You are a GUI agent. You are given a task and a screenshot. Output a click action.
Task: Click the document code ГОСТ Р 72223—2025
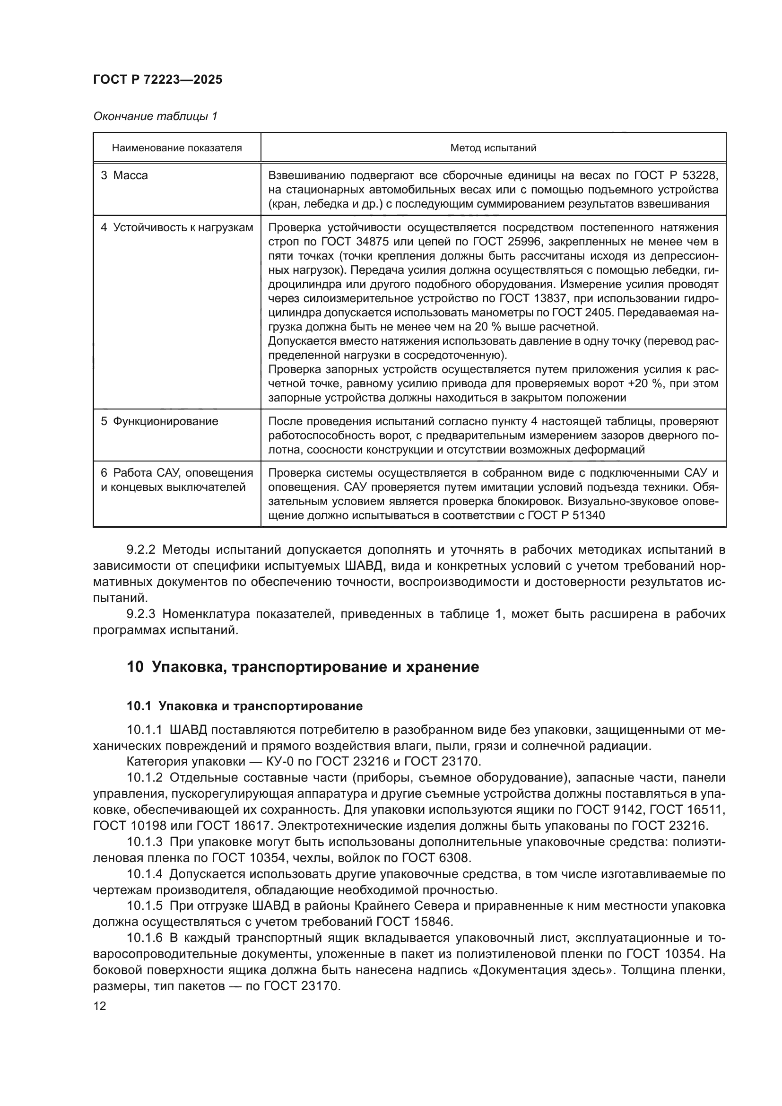[157, 80]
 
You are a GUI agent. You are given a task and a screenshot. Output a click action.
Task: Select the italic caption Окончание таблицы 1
[155, 117]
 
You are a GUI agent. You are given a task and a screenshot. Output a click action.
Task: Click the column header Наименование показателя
[177, 148]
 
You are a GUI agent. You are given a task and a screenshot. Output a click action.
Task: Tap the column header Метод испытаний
[493, 148]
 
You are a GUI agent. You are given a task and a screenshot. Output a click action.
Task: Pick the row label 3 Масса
[124, 176]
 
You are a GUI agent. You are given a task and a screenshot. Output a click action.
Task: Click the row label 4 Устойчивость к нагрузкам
[177, 228]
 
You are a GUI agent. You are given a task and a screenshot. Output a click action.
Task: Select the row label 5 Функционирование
[159, 421]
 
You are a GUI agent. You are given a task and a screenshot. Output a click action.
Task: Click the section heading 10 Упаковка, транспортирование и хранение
[303, 668]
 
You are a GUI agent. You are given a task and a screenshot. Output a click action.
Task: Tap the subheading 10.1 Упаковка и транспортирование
[244, 706]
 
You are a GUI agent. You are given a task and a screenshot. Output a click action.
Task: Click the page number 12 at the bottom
[100, 1006]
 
